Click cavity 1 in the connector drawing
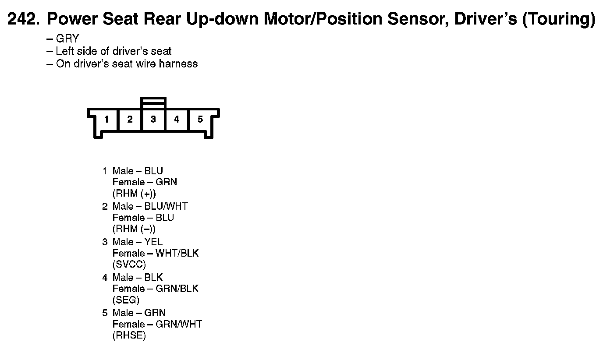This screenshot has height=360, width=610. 106,119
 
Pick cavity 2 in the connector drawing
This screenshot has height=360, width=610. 130,119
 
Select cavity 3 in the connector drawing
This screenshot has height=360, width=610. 153,119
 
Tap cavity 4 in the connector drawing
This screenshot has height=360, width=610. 177,119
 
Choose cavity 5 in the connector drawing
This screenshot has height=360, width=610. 200,119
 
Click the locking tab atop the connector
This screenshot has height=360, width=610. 153,102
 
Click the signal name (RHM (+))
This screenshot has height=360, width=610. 134,194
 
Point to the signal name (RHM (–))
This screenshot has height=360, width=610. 134,229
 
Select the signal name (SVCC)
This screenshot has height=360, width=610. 129,265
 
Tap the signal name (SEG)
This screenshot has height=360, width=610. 126,300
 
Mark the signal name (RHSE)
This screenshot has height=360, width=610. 129,335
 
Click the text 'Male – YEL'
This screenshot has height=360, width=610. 137,242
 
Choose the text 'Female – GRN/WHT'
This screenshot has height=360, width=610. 157,324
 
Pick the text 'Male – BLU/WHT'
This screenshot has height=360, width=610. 150,206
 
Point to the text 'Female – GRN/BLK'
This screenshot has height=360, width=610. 155,289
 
